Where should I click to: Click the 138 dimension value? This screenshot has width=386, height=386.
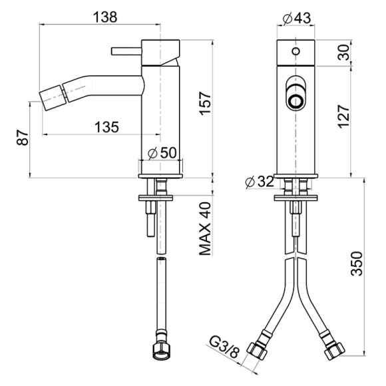(x=105, y=17)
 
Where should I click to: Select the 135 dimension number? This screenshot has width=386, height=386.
(x=107, y=127)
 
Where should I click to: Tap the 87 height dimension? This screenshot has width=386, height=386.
(x=23, y=138)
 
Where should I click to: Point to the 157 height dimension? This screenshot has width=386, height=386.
(x=205, y=103)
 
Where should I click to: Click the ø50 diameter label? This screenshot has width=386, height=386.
(x=162, y=153)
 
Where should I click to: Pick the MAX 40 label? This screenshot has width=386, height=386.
(x=205, y=229)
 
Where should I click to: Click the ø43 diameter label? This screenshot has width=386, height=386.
(x=297, y=18)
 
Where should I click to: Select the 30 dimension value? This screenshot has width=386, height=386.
(x=344, y=53)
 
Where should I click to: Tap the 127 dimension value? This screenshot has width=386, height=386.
(x=343, y=116)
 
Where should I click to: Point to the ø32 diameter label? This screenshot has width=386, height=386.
(x=260, y=182)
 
